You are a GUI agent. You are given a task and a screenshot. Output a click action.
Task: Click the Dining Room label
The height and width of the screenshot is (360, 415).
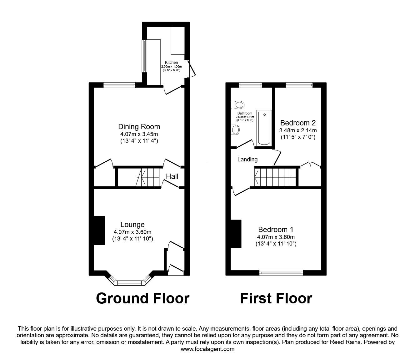point(139,127)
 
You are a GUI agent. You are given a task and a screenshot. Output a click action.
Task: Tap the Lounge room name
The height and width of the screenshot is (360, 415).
point(132,225)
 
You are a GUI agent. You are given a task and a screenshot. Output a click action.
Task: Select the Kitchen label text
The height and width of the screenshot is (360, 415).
point(171,63)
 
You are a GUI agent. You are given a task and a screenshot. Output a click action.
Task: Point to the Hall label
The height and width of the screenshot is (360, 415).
point(172,176)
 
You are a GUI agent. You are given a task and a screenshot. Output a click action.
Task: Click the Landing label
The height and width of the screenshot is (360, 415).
point(247,160)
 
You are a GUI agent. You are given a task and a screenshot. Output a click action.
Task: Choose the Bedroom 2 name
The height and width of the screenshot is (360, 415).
point(298,123)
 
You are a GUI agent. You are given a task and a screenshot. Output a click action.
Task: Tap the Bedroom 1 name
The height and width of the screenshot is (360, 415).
point(276,229)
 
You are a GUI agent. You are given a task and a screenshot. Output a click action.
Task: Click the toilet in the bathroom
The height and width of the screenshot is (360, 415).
point(237,105)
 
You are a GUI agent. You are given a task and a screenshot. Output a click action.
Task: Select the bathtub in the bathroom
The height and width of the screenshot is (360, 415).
point(264,128)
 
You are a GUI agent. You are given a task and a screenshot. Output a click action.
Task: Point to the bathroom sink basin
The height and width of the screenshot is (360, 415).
point(235,130)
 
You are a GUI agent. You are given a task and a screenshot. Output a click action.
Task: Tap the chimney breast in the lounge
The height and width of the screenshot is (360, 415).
point(99,230)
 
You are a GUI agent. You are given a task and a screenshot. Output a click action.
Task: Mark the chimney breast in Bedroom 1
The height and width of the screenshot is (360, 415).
point(236,234)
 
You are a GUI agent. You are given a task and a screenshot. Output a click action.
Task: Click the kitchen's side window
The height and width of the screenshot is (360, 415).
point(144,56)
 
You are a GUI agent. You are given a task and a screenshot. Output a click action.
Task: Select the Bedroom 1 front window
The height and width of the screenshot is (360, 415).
point(281,272)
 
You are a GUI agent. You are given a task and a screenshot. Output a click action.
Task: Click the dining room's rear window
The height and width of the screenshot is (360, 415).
point(120,85)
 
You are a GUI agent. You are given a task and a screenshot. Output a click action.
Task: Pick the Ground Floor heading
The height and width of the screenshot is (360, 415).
point(143,298)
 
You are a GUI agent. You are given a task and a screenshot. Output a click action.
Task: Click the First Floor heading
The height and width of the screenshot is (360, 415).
point(276,298)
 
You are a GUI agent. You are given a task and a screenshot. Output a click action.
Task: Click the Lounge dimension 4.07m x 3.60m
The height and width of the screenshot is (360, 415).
point(132,232)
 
